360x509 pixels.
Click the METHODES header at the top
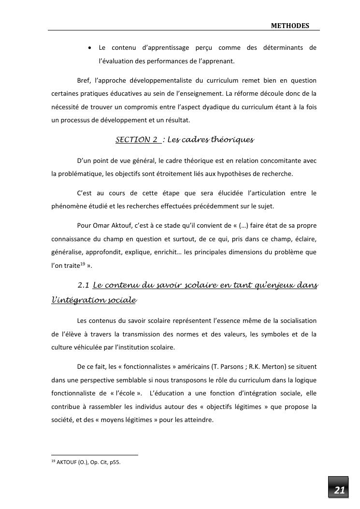290,26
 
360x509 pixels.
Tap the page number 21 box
339,490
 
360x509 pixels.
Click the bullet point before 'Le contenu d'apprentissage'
90,48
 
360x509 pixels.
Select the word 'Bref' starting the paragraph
84,80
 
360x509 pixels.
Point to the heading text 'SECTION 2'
137,140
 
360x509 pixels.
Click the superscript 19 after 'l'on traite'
83,263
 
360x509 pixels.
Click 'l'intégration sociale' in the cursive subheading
94,300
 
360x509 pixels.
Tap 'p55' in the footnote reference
114,463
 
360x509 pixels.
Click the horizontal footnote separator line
95,455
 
